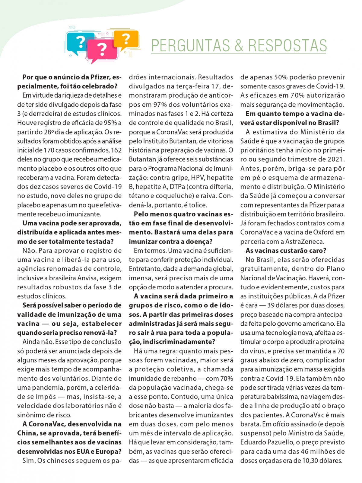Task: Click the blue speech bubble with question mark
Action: pyautogui.click(x=79, y=42)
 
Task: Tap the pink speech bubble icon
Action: pyautogui.click(x=102, y=49)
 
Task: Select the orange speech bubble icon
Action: pyautogui.click(x=126, y=39)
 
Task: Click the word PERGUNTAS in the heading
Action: pyautogui.click(x=190, y=46)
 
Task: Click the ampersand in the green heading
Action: pyautogui.click(x=239, y=46)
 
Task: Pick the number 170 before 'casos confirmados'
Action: pyautogui.click(x=49, y=150)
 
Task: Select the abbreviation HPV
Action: pyautogui.click(x=197, y=178)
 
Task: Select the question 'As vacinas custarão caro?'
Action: pyautogui.click(x=286, y=251)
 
